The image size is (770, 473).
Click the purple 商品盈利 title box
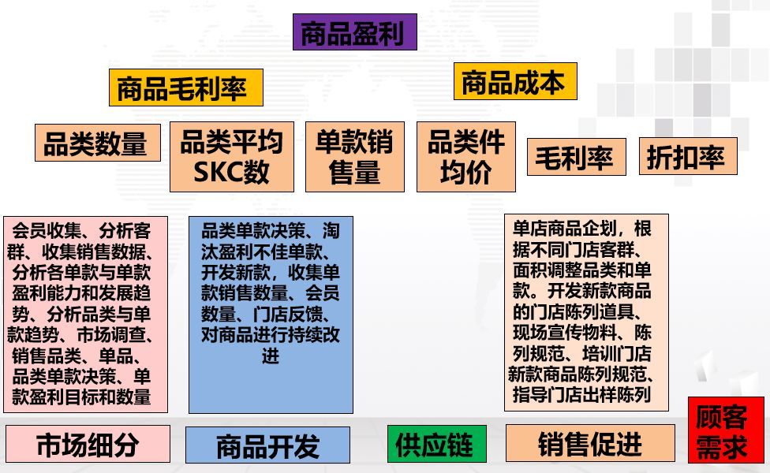(x=354, y=32)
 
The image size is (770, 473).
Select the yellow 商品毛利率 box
(x=185, y=88)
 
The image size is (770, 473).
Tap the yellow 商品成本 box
(x=514, y=81)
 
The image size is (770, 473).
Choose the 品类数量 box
(x=97, y=142)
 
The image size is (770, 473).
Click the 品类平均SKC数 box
(x=231, y=157)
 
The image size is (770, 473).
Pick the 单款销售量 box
(x=354, y=157)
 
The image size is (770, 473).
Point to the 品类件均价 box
(x=465, y=157)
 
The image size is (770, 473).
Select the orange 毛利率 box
(x=576, y=157)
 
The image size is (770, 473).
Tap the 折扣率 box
(x=687, y=156)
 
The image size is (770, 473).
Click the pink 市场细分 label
(x=88, y=444)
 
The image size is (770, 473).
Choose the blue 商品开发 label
(x=267, y=445)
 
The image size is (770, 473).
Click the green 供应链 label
(x=436, y=444)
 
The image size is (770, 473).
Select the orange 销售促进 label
(x=590, y=443)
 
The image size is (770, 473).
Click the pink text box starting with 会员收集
(x=85, y=314)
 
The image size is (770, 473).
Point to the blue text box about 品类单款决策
(x=271, y=315)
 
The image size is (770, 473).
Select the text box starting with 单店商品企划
(x=586, y=312)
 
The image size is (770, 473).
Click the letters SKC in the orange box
(x=215, y=172)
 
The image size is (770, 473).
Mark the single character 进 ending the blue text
(x=271, y=356)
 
